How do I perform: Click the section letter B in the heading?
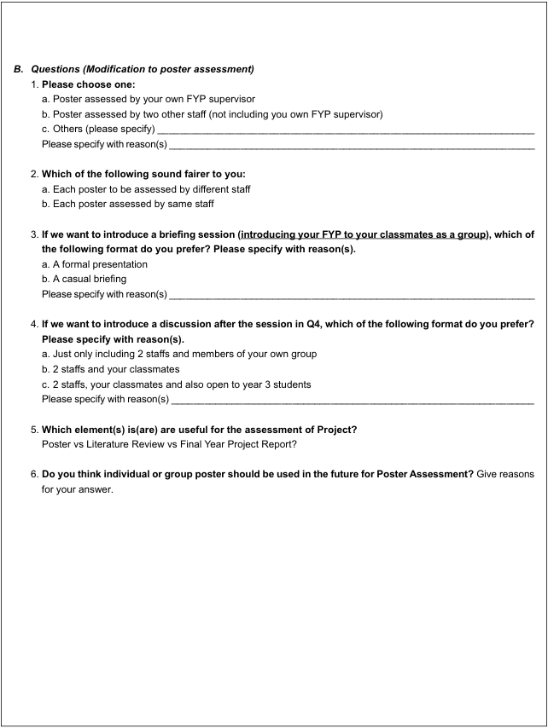(x=17, y=69)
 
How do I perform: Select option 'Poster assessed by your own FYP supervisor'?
(x=148, y=99)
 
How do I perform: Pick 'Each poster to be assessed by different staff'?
(x=146, y=189)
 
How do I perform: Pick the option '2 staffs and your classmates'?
(x=110, y=369)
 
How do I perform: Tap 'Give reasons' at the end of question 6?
(x=505, y=475)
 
